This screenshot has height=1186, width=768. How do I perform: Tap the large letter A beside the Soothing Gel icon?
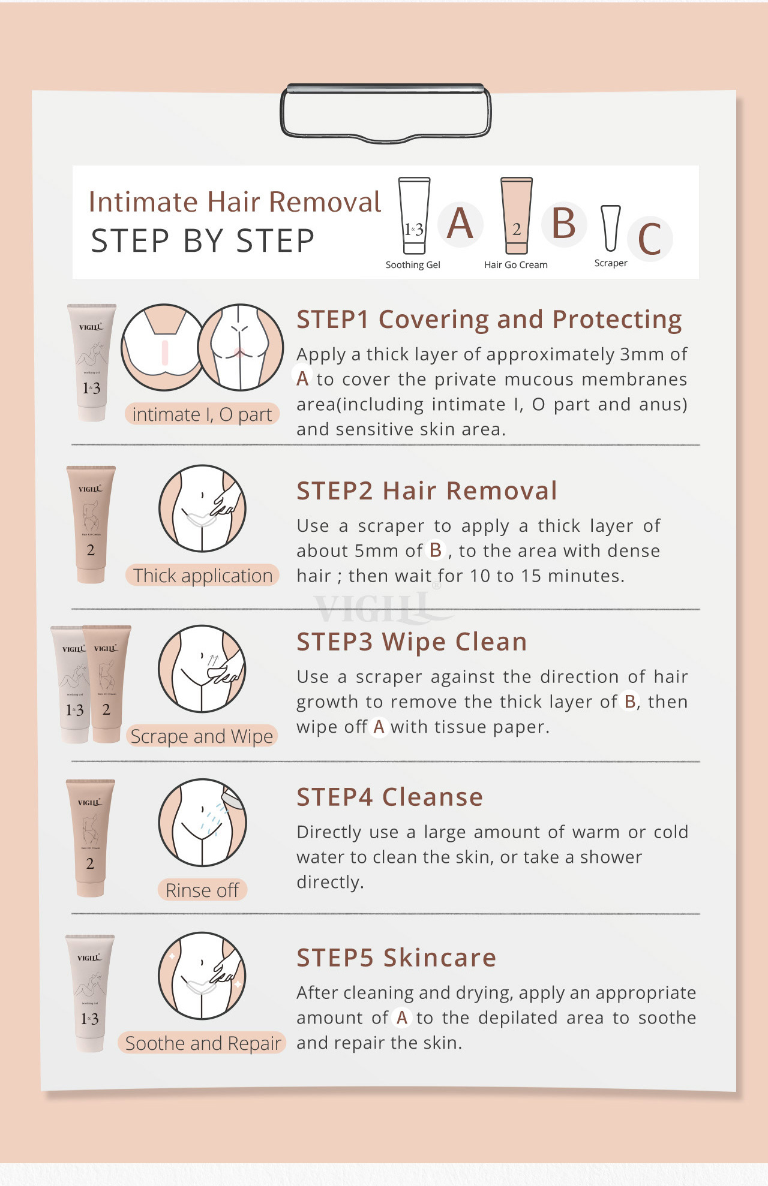point(460,223)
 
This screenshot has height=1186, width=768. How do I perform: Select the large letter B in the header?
point(563,223)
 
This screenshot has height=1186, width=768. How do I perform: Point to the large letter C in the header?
point(649,239)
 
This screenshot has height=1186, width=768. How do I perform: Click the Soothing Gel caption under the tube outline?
point(413,265)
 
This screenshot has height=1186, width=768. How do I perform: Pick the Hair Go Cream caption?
point(516,265)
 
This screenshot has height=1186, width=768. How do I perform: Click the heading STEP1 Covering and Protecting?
point(489,320)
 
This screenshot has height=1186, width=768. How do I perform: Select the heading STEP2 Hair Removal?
point(427,490)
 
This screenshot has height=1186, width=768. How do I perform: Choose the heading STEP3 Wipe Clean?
point(412,642)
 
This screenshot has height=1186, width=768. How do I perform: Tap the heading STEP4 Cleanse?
point(389,797)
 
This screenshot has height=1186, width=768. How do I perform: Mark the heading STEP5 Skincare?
point(396,958)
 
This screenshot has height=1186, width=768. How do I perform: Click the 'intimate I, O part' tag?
point(202,414)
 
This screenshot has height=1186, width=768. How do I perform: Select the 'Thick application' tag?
point(203,576)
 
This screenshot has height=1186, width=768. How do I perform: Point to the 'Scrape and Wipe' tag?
point(202,736)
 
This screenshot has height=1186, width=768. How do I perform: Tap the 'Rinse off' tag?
point(202,890)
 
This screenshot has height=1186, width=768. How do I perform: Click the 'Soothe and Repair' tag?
point(203,1043)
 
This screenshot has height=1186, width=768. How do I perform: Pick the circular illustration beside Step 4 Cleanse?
point(203,823)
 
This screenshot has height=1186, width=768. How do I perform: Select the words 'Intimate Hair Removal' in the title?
point(235,202)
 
